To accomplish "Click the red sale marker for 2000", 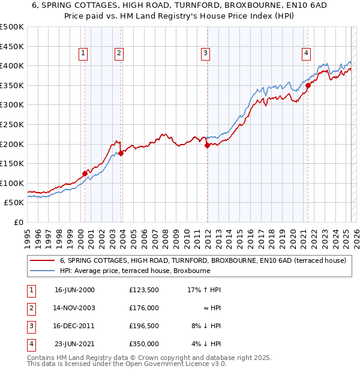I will pos(85,173).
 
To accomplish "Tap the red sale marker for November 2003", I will pos(121,153).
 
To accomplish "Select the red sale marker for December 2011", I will pos(207,145).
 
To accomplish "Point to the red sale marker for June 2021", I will pos(308,85).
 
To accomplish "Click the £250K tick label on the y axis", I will pos(12,124).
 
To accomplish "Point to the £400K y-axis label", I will pos(12,65).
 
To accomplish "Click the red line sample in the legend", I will pos(42,261).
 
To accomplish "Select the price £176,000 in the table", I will pos(143,308).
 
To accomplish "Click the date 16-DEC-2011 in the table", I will pos(74,326).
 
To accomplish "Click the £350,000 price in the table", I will pos(143,344).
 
